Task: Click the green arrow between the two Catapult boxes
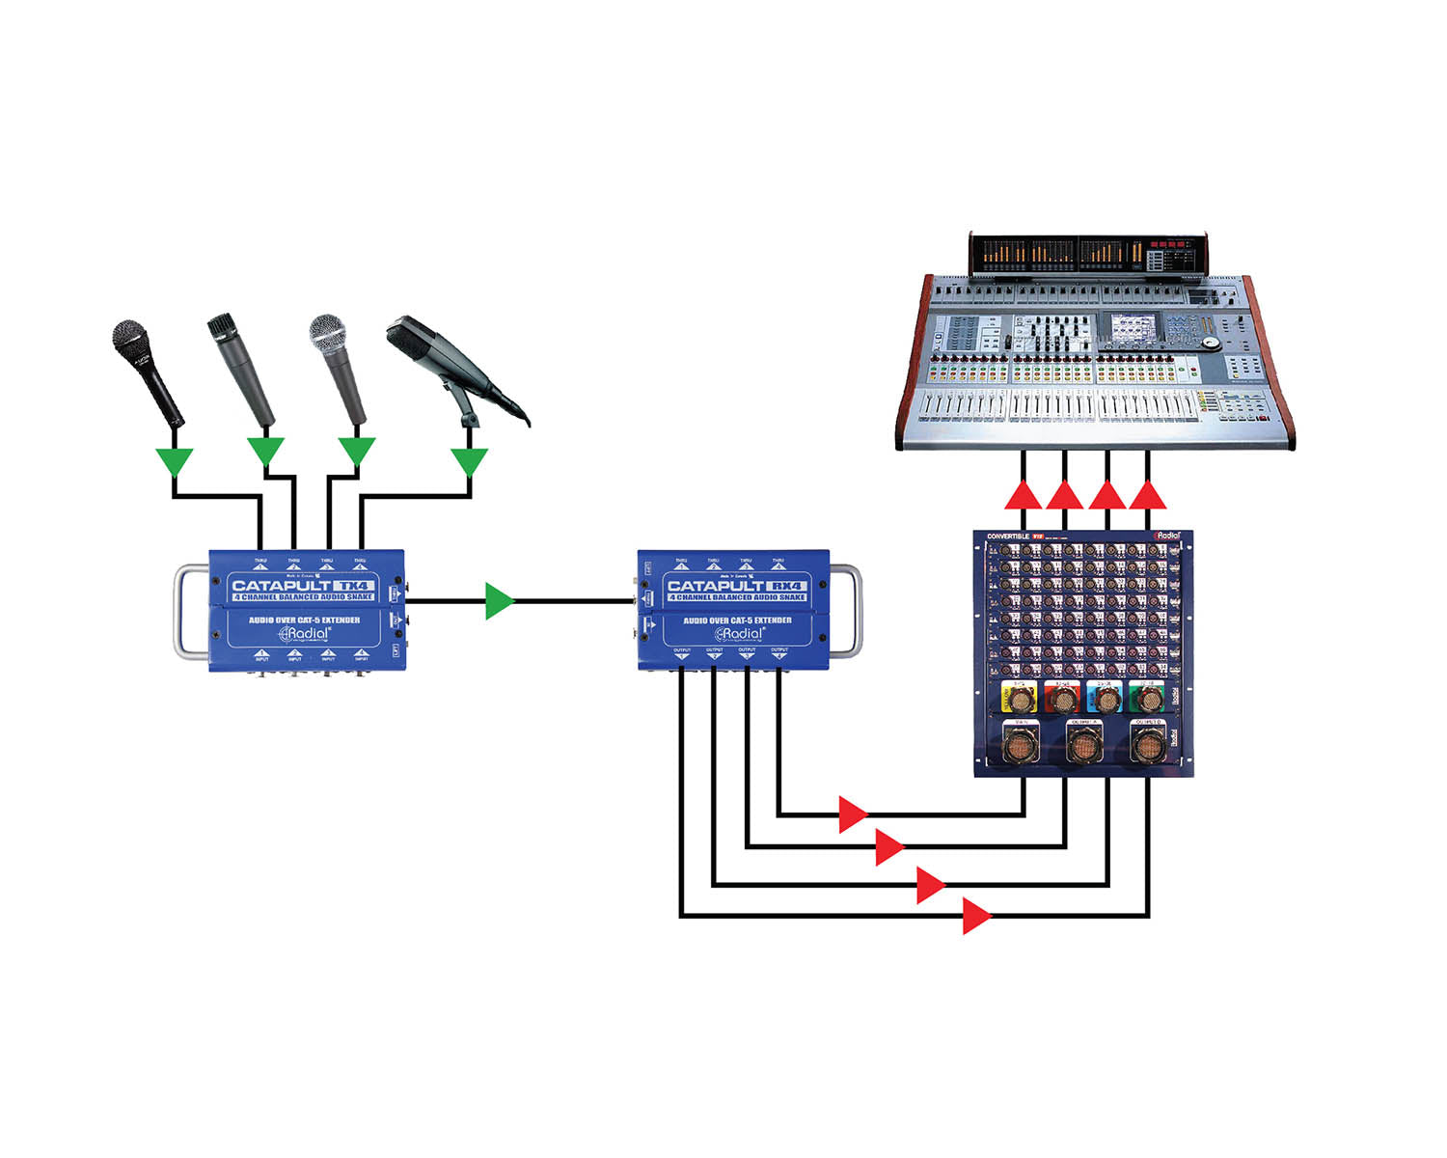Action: coord(499,601)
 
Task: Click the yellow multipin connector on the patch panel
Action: coord(1021,697)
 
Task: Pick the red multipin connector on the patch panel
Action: coord(1063,697)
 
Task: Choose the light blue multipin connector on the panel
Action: coord(1106,697)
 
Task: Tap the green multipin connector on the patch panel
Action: coord(1148,697)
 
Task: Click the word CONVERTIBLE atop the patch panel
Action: coord(1007,536)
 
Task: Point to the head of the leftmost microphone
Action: coord(132,340)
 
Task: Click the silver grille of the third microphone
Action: coord(327,333)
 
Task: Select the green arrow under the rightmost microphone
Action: coord(470,460)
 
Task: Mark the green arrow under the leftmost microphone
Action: coord(175,460)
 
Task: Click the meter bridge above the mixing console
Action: coord(1087,255)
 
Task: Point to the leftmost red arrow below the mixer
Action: coord(1023,496)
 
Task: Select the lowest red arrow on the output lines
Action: coord(976,915)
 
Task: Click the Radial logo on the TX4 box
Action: coord(305,634)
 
